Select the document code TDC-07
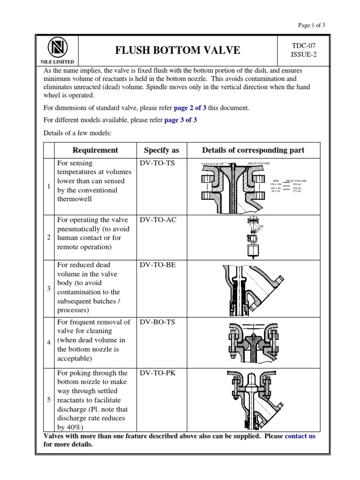(x=301, y=45)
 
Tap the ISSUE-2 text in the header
(x=301, y=55)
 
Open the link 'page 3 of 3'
(x=180, y=120)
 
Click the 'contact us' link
(x=300, y=436)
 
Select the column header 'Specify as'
(x=161, y=150)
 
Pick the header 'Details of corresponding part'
(x=253, y=150)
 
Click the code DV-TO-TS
(x=157, y=164)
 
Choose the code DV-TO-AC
(x=158, y=220)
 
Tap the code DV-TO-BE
(x=157, y=265)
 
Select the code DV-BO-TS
(x=157, y=322)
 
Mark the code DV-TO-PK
(x=157, y=373)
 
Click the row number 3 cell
(x=49, y=288)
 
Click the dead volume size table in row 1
(x=289, y=186)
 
